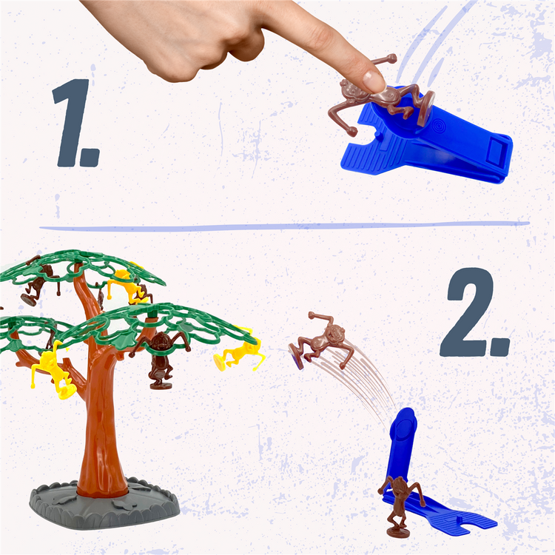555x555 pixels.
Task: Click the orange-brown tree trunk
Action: [x=100, y=407]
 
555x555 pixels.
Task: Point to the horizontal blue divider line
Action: [x=284, y=226]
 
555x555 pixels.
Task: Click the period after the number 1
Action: [x=90, y=158]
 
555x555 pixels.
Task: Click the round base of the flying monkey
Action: [x=295, y=357]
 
